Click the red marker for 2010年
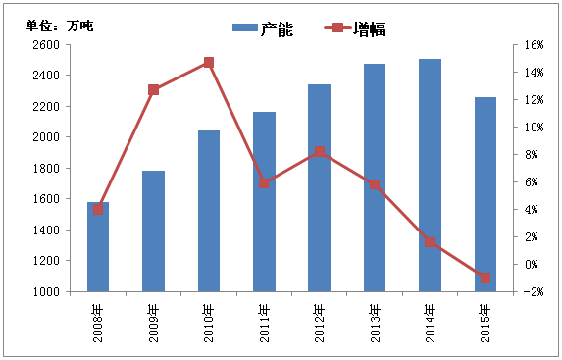click(209, 63)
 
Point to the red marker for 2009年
click(154, 90)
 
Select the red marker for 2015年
click(485, 279)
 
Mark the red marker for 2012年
click(320, 151)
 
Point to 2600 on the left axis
click(45, 44)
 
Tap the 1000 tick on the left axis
click(45, 292)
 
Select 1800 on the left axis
click(45, 168)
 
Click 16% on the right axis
click(534, 44)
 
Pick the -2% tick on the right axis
click(534, 292)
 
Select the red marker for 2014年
click(431, 241)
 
